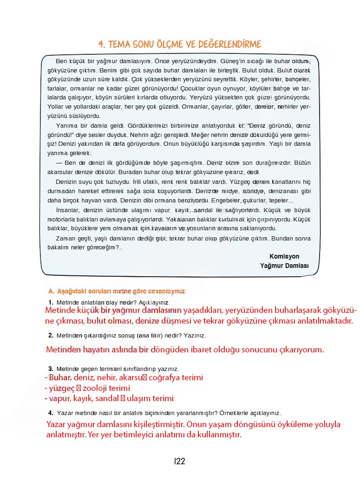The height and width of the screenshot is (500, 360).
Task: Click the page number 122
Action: tap(180, 461)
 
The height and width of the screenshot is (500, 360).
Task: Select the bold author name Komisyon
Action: tap(284, 256)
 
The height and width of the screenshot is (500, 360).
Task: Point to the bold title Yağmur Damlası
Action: tap(284, 266)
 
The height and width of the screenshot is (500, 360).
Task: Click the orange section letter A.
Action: tap(51, 292)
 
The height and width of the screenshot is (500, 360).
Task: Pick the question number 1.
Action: tap(50, 303)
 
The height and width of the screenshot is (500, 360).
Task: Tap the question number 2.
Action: tap(50, 335)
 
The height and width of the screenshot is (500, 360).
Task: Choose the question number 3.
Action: tap(50, 369)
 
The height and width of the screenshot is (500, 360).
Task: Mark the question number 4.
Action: tap(50, 413)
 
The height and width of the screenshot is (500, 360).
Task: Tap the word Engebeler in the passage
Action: tap(225, 201)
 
